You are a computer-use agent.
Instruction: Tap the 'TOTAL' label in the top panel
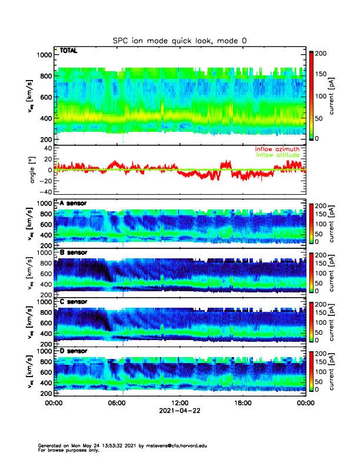click(x=69, y=51)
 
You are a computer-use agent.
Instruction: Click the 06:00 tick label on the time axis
click(x=116, y=404)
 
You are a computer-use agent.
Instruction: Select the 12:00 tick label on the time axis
click(x=179, y=404)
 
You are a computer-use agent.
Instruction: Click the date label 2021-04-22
click(x=179, y=411)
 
